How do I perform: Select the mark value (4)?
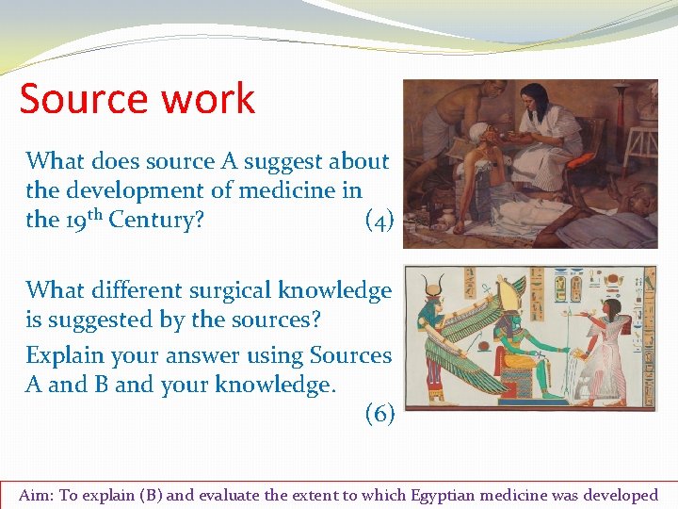(379, 221)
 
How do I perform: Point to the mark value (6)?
(379, 414)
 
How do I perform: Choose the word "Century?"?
(156, 221)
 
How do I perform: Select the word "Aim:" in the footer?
(38, 495)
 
